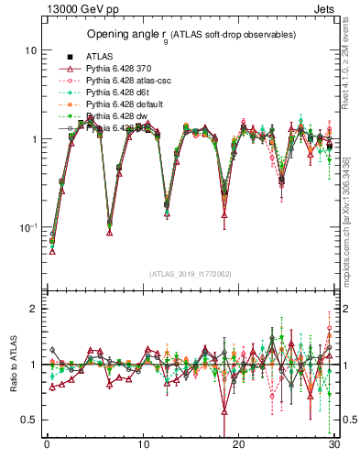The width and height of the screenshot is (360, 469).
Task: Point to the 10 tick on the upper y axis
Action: tap(29, 50)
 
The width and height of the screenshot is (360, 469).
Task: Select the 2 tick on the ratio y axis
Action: tap(32, 309)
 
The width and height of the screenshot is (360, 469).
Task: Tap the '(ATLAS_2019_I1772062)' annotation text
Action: tap(189, 274)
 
